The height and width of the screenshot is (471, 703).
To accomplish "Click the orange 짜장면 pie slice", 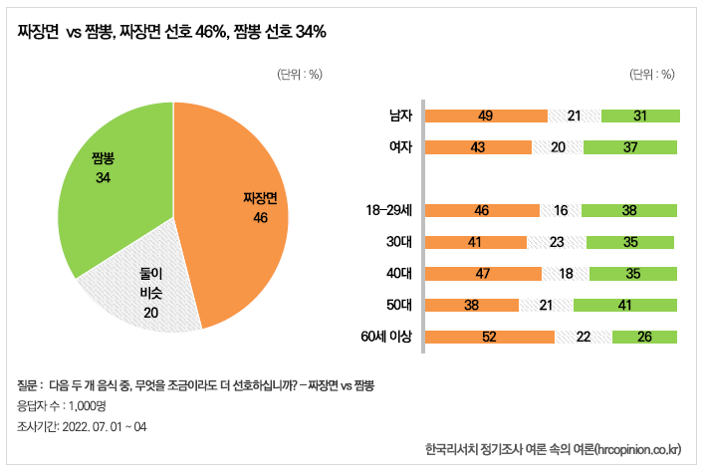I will (x=239, y=209).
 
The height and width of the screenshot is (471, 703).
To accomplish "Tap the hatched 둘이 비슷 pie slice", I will (x=144, y=289).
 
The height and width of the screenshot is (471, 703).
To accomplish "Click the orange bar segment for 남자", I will (x=486, y=117).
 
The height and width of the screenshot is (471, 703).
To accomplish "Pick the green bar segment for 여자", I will (x=629, y=147).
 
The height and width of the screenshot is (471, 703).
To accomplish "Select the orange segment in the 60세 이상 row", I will (x=489, y=337).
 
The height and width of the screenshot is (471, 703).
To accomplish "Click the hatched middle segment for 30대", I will (x=557, y=242).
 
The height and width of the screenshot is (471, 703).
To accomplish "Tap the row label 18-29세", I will (x=389, y=210).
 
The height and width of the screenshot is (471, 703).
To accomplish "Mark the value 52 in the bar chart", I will (x=489, y=337).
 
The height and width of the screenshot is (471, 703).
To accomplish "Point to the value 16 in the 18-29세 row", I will (x=560, y=210).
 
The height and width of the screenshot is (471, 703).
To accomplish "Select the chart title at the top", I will (x=172, y=32).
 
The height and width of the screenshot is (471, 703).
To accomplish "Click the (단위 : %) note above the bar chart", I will (x=652, y=74).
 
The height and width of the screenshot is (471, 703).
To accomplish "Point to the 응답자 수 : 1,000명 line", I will (x=62, y=405).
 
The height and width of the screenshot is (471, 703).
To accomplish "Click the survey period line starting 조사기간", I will (x=82, y=426).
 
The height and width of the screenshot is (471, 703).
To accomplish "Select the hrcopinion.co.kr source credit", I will (x=552, y=450).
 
